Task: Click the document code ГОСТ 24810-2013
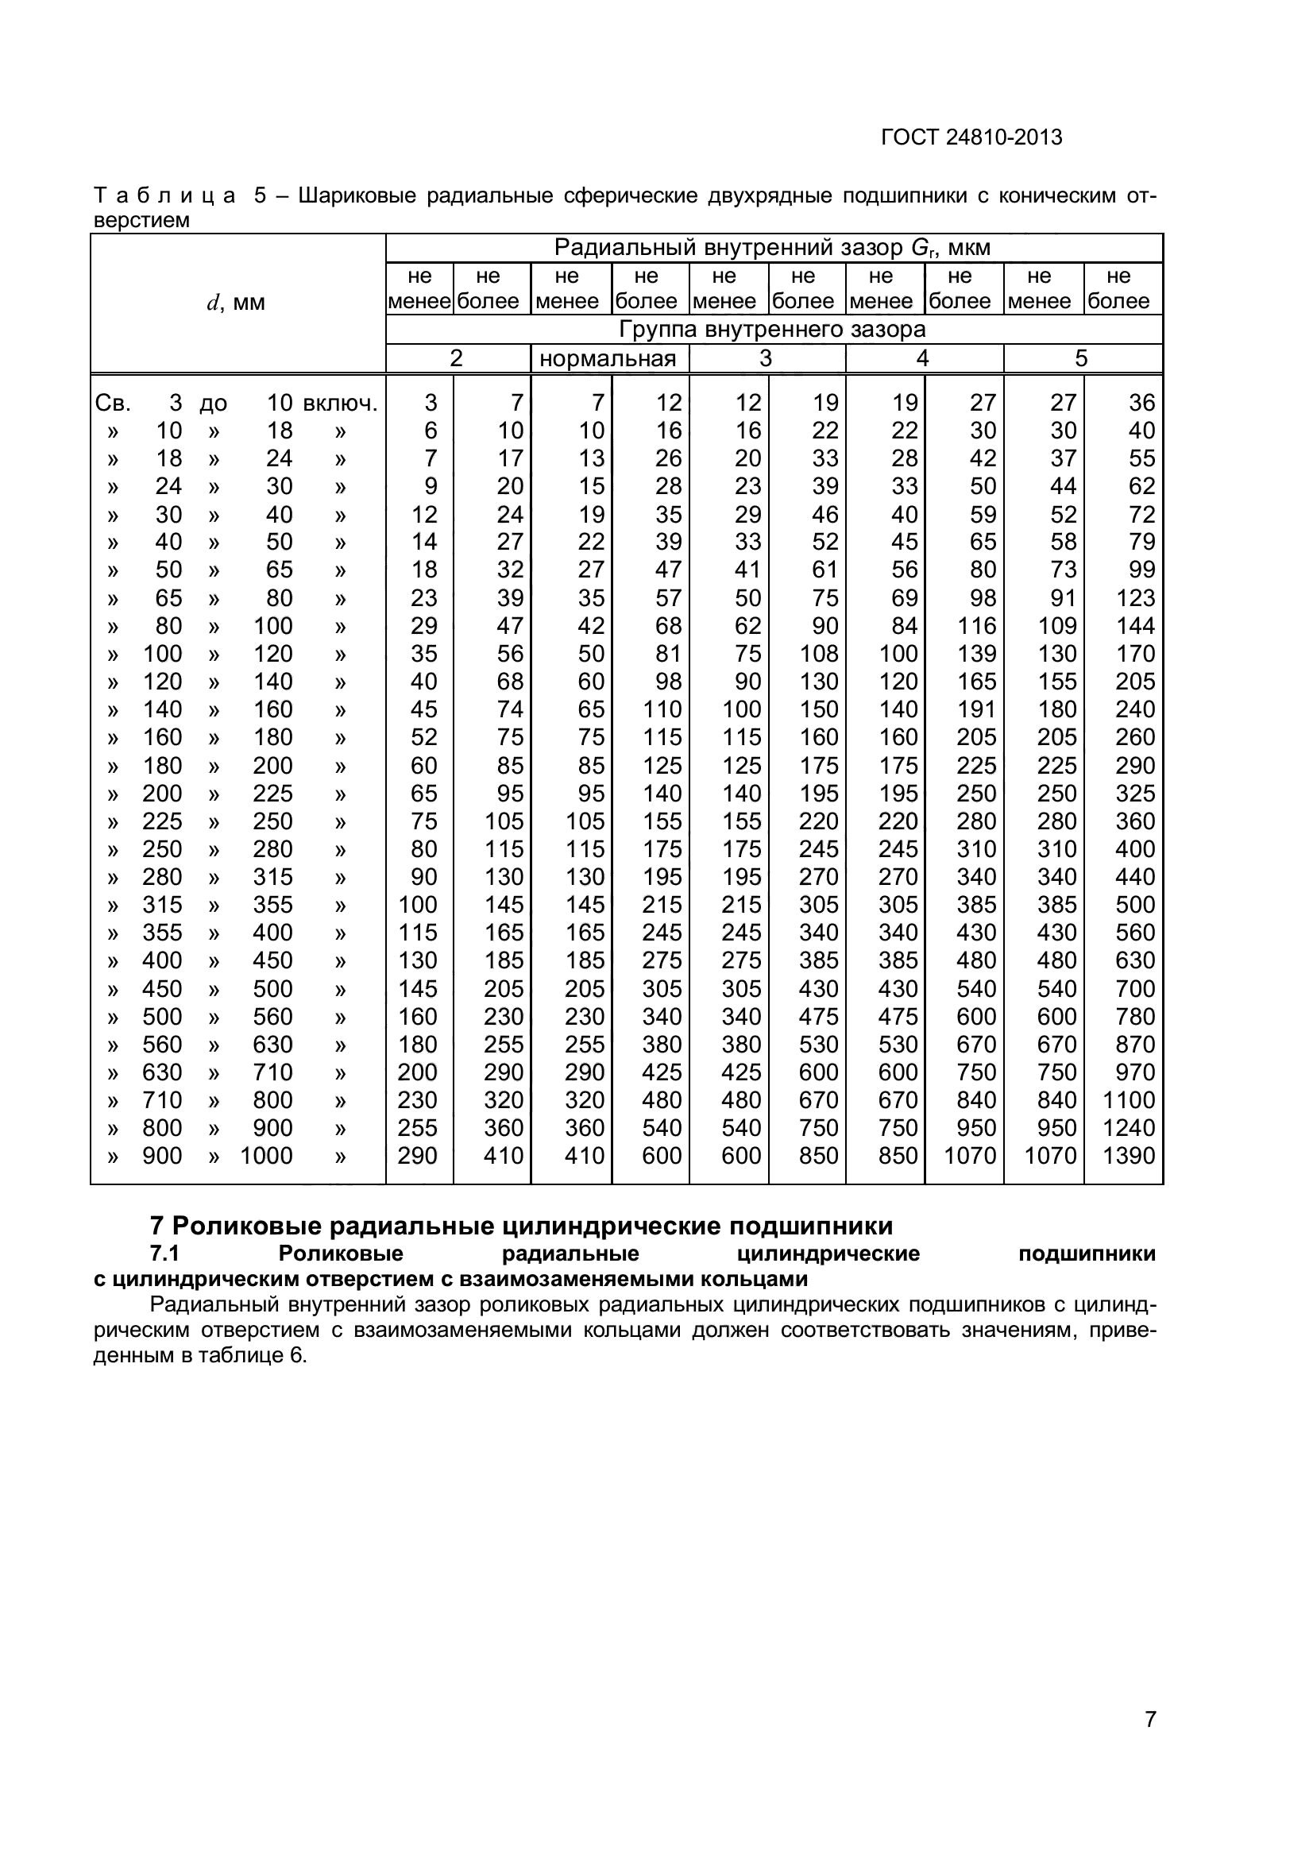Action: [x=971, y=137]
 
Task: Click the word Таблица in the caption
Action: [x=165, y=196]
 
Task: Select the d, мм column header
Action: [x=236, y=303]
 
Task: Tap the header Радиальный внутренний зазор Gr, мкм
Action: [x=773, y=248]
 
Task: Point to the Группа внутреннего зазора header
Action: [x=773, y=330]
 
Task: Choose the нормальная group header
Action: [x=608, y=358]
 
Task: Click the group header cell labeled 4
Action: [x=923, y=358]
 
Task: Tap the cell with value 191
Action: [x=976, y=709]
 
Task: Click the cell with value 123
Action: [x=1135, y=598]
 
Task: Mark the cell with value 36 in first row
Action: [x=1141, y=403]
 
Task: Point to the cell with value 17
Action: [x=511, y=459]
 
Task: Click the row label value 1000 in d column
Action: [x=266, y=1156]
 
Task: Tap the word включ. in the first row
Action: [x=341, y=403]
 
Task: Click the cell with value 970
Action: [x=1135, y=1072]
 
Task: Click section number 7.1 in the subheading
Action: [x=164, y=1253]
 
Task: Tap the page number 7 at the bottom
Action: [x=1149, y=1742]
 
